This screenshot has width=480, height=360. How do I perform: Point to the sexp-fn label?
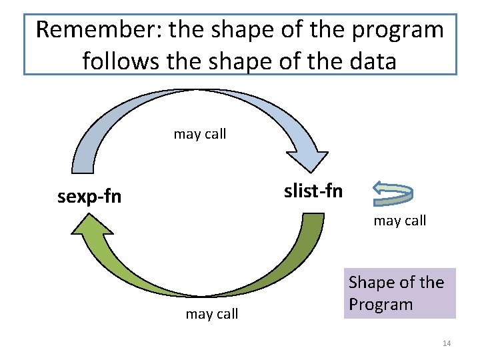tap(90, 197)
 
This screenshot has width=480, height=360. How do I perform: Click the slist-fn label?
tap(313, 191)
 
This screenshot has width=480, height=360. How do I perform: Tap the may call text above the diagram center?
tap(200, 134)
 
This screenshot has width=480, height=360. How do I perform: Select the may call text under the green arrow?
tap(211, 314)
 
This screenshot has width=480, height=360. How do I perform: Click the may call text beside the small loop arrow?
tap(399, 221)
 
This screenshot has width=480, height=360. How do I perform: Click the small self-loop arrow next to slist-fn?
tap(392, 192)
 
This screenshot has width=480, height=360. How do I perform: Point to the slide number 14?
tap(447, 343)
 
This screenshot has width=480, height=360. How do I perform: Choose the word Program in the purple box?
tap(381, 305)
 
